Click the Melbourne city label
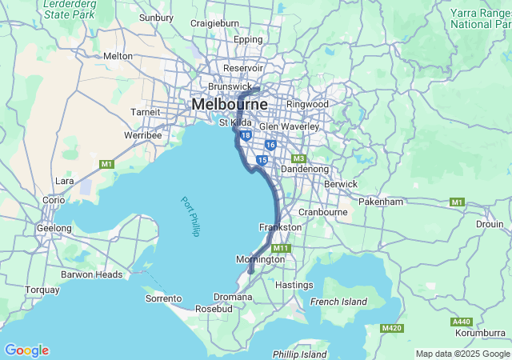click(x=229, y=105)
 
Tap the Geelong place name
click(x=54, y=228)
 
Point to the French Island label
click(x=338, y=302)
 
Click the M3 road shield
click(x=299, y=158)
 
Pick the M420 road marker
click(x=392, y=328)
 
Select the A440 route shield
click(x=462, y=321)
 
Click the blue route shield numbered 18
click(x=245, y=136)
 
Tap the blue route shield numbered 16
click(x=270, y=145)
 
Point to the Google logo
click(x=26, y=350)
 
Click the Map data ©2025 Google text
click(x=462, y=354)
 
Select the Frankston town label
click(x=280, y=227)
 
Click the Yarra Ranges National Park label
click(x=480, y=18)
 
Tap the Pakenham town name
click(x=381, y=202)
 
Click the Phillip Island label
click(x=299, y=354)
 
